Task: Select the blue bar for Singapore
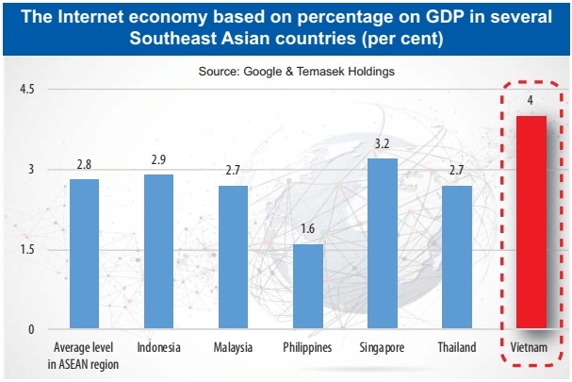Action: coord(382,243)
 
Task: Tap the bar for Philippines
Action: coord(307,287)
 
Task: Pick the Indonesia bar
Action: coord(158,252)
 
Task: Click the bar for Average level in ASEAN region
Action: coord(84,254)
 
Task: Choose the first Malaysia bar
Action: coord(233,257)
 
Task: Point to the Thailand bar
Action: coord(456,257)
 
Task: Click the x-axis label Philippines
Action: coord(307,347)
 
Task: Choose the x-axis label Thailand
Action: coord(456,347)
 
